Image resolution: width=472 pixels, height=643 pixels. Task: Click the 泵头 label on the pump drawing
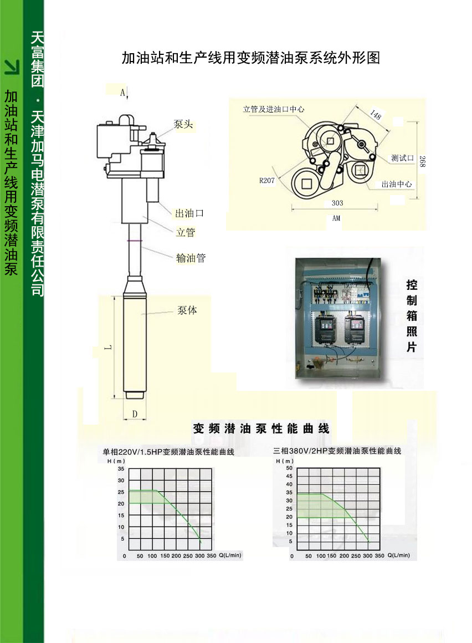tap(183, 124)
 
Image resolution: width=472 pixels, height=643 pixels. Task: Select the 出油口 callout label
tap(189, 213)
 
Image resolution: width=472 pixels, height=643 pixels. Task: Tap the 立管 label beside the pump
tap(186, 232)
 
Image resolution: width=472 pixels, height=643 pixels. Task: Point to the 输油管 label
tap(191, 258)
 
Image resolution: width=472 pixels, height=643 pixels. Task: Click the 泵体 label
tap(187, 310)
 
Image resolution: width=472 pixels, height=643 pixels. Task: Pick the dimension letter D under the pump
tap(135, 414)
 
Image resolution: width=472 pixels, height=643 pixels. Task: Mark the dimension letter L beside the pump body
tap(108, 348)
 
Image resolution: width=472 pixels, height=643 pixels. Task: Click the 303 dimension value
tap(337, 203)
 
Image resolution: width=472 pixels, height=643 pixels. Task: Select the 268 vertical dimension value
tap(423, 161)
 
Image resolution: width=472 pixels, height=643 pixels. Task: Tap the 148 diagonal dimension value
tap(376, 114)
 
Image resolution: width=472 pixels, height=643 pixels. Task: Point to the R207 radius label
tap(266, 180)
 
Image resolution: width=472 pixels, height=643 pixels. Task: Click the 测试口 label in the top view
tap(402, 158)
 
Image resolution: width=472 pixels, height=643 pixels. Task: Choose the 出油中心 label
tap(397, 184)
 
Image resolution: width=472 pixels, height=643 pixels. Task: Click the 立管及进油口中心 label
tap(274, 109)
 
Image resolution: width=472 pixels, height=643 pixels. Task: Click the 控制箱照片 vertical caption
tap(412, 316)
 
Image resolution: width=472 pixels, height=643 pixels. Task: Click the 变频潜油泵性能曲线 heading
tap(261, 428)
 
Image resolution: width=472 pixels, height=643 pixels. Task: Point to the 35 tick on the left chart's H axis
tap(121, 468)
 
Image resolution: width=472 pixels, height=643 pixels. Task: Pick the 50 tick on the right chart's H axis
tap(289, 468)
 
